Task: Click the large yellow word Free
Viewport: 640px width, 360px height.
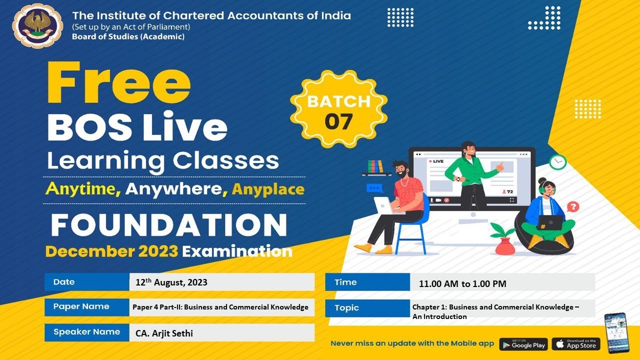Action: (119, 83)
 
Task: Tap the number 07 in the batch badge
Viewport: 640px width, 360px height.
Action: (338, 121)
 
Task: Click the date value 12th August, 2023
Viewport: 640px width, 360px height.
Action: (171, 282)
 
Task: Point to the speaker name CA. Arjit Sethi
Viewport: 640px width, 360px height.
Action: (164, 332)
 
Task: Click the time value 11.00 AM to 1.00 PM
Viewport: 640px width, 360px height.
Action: (462, 284)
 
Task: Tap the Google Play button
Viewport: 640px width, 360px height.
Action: (523, 344)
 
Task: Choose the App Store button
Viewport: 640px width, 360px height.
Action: (575, 344)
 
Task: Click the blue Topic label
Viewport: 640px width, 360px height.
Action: (347, 308)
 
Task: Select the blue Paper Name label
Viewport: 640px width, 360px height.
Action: (81, 306)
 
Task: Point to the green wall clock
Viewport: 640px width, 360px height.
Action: (557, 161)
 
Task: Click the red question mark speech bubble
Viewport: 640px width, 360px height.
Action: (573, 206)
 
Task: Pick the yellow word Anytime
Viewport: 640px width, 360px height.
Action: (83, 189)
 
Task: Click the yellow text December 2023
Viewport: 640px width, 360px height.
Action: (111, 251)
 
